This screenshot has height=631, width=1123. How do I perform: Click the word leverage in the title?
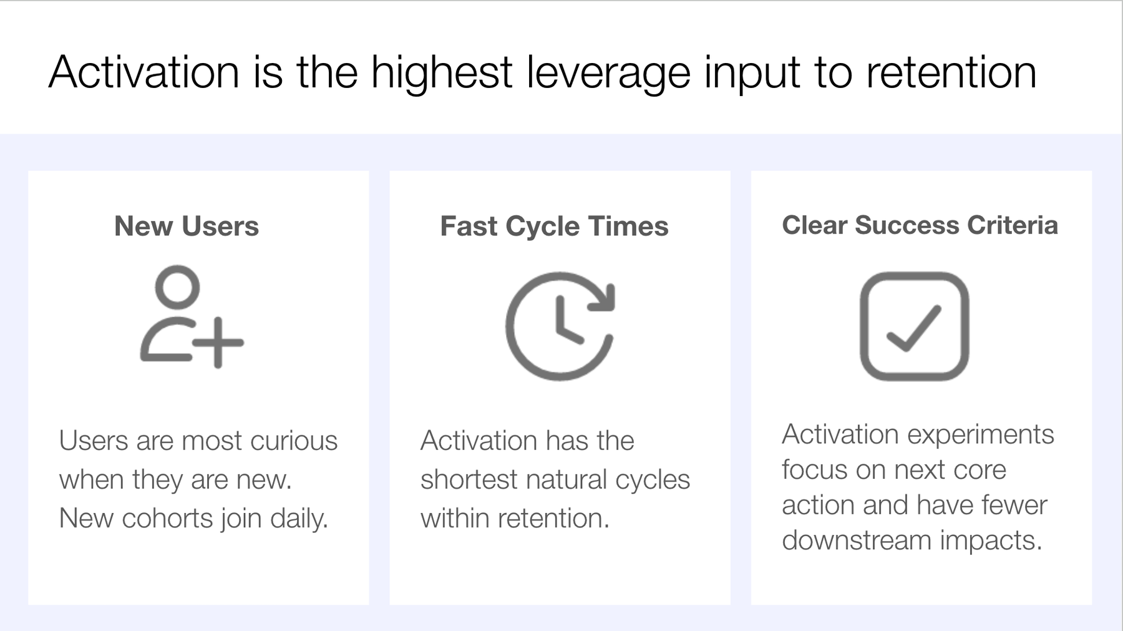(608, 73)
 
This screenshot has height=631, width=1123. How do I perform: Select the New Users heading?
(186, 226)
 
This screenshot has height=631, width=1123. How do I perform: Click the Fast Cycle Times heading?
(554, 226)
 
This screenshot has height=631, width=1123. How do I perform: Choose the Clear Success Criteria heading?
(920, 225)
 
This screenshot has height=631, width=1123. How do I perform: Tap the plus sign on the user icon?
(217, 342)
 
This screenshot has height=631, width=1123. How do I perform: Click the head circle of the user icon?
(177, 287)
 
